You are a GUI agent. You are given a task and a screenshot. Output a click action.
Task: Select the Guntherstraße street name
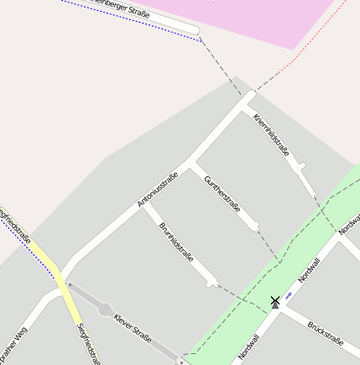click(x=222, y=193)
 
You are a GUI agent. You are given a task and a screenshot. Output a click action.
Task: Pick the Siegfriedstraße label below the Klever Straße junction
click(x=88, y=345)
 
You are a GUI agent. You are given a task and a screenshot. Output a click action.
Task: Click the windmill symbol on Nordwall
click(x=274, y=301)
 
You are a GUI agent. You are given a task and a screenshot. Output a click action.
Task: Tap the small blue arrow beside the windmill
click(x=289, y=295)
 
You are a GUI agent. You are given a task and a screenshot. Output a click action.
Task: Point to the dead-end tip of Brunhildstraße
click(x=211, y=282)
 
